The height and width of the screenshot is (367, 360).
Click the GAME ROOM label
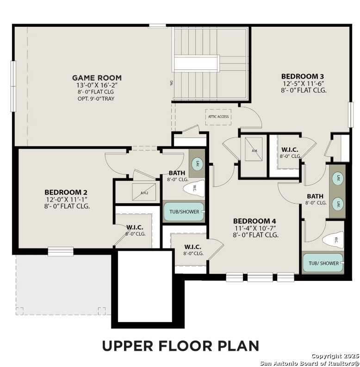(x=97, y=78)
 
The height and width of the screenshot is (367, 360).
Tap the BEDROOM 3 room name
(x=303, y=76)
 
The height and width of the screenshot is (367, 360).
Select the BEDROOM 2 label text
(x=66, y=192)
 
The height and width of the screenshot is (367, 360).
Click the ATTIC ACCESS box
(x=218, y=117)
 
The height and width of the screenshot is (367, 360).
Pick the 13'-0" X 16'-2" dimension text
(x=97, y=86)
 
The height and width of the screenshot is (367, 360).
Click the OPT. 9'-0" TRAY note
(x=97, y=99)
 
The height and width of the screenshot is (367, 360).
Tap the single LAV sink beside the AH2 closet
(x=196, y=163)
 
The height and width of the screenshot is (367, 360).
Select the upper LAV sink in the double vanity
(x=338, y=178)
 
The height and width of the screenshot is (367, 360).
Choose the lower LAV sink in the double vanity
(x=338, y=203)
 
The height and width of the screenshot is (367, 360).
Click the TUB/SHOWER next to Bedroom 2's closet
(x=184, y=212)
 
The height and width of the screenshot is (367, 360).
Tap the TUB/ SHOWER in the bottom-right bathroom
(x=323, y=263)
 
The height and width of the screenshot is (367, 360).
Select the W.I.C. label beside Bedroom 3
(x=290, y=150)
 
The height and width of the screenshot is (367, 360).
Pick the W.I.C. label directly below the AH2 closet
(x=135, y=228)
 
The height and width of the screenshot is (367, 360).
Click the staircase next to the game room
(x=211, y=63)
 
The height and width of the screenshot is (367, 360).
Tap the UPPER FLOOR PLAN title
(x=180, y=346)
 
